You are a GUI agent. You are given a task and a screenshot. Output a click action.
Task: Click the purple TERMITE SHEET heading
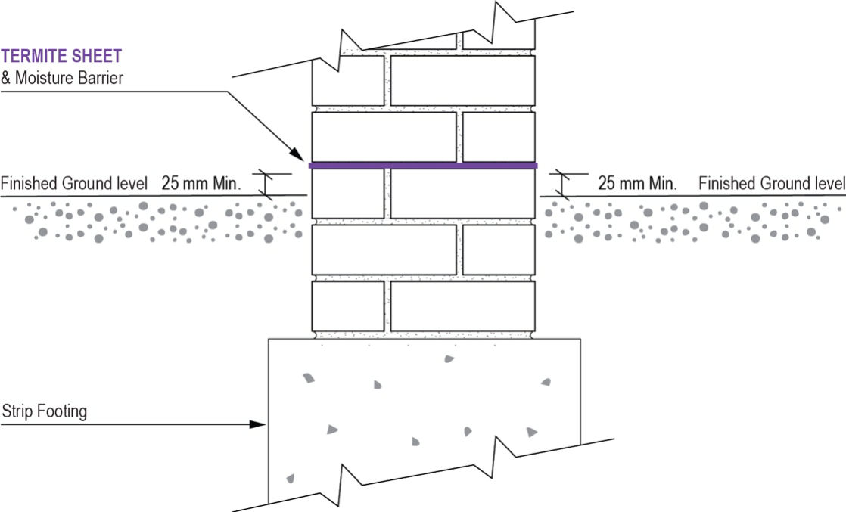click(x=61, y=56)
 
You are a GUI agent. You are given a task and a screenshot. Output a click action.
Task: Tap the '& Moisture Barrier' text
click(x=61, y=77)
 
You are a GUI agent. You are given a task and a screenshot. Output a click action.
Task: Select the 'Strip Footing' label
click(x=45, y=411)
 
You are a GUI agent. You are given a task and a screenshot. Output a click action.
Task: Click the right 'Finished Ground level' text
click(x=771, y=184)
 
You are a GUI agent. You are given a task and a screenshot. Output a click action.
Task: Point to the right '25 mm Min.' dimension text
click(x=637, y=184)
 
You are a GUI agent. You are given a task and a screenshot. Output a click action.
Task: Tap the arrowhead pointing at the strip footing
click(x=260, y=425)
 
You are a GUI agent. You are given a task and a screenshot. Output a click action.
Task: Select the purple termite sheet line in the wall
click(x=423, y=165)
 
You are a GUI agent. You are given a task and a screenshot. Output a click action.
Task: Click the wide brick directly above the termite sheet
click(x=384, y=136)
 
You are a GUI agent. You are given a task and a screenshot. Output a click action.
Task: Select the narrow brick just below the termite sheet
click(x=348, y=194)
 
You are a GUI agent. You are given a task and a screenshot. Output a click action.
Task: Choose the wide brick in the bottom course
click(x=462, y=306)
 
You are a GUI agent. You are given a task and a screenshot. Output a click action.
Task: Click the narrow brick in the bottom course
click(x=348, y=306)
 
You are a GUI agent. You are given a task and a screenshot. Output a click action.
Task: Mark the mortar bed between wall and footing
click(x=424, y=334)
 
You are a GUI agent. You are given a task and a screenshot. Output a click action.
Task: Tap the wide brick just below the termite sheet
click(x=462, y=194)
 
